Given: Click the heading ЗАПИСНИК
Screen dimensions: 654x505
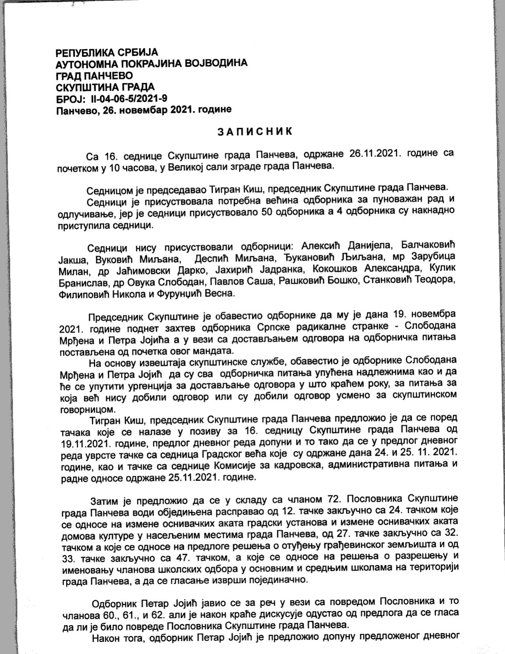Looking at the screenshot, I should tap(255, 132).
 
